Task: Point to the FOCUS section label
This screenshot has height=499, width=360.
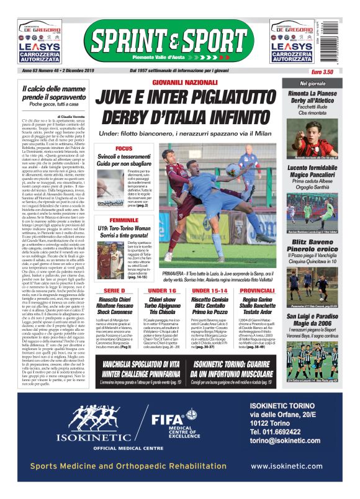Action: coord(124,149)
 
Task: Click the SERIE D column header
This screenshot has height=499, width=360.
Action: coord(115,290)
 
